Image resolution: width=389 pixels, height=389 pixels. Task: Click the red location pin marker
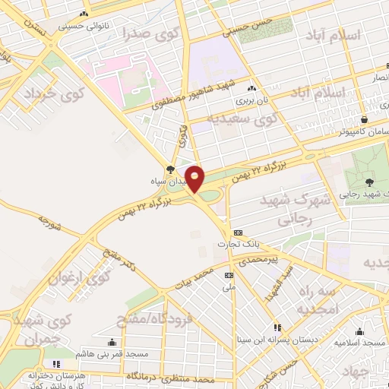(195, 179)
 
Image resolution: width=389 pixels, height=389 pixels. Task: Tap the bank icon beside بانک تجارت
(239, 232)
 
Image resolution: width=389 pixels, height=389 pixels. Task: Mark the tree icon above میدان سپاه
(169, 169)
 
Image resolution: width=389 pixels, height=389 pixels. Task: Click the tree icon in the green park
(368, 182)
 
